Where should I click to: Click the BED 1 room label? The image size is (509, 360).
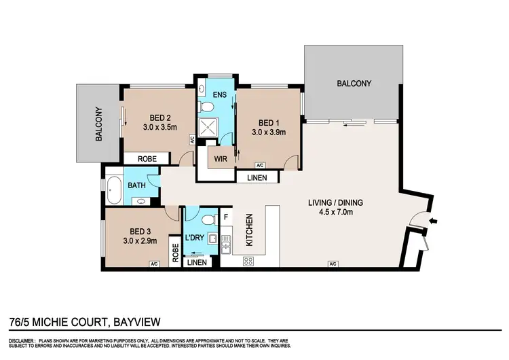coord(265,123)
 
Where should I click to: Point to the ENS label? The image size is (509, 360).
coord(219,95)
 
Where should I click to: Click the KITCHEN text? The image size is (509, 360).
coord(249,230)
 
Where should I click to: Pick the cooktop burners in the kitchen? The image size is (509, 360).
coord(248,261)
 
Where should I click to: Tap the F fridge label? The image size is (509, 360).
coord(226,218)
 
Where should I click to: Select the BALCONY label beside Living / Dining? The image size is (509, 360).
coord(354,84)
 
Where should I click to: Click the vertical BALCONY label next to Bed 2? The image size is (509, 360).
coord(98,124)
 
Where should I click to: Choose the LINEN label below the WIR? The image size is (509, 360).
coord(257,178)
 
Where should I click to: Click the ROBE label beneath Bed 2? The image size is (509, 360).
coord(147,158)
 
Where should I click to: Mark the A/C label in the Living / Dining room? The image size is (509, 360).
coord(332,264)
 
